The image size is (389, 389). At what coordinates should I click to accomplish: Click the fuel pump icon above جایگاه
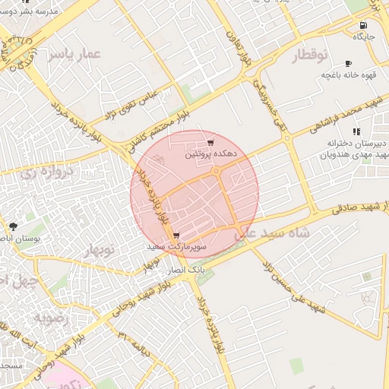tap(373, 25)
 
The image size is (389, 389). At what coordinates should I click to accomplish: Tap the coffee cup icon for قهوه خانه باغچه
tap(348, 64)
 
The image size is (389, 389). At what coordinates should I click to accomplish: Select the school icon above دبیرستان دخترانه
tap(356, 132)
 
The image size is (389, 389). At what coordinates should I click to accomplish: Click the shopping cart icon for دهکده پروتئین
tap(210, 143)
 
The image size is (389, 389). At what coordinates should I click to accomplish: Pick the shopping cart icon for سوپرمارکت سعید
tap(176, 236)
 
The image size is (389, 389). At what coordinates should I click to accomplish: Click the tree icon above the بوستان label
tap(12, 226)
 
